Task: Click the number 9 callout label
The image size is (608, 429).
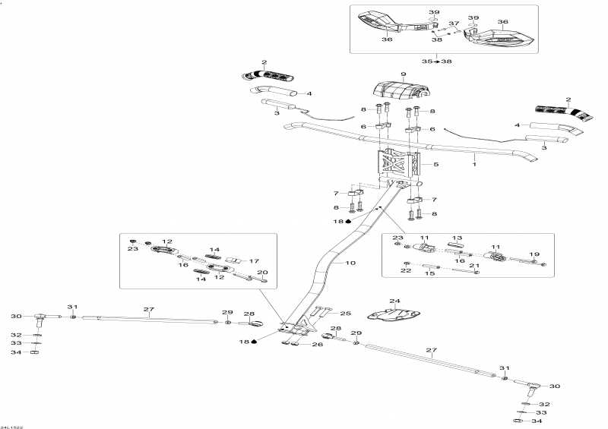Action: coord(404,74)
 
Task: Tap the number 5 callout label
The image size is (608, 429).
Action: coord(435,164)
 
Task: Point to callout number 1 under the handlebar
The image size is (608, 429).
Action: coord(474,164)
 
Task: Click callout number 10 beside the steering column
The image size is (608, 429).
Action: coord(350,263)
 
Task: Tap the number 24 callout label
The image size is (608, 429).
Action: coord(394,301)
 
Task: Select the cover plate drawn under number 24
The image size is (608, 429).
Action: coord(393,314)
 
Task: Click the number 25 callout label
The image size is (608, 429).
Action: coord(346,313)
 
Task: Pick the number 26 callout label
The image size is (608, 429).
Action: coord(318,344)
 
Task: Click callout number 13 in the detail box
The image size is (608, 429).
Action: coord(458,238)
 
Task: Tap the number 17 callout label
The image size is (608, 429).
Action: coord(254,260)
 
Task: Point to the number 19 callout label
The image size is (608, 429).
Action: coord(534,254)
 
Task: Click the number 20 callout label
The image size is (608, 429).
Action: coord(262,272)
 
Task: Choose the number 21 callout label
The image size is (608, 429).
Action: coord(474,266)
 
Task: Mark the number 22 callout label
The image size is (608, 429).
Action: coord(406,270)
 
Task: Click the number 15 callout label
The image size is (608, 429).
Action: coord(429,273)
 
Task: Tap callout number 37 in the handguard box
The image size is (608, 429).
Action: coord(454,24)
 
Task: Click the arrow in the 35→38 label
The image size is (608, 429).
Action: coord(436,62)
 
